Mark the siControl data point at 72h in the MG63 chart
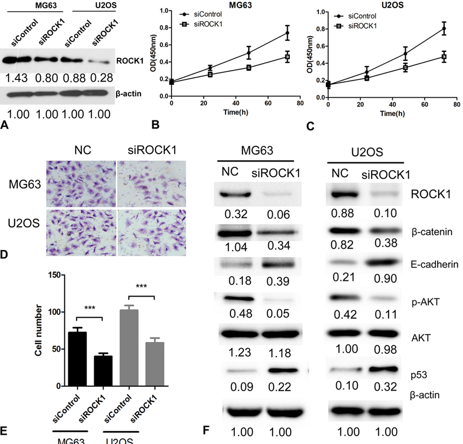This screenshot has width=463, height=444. click(x=287, y=33)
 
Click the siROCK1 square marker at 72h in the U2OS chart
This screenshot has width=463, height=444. click(x=444, y=57)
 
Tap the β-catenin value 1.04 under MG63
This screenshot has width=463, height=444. click(x=231, y=246)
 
